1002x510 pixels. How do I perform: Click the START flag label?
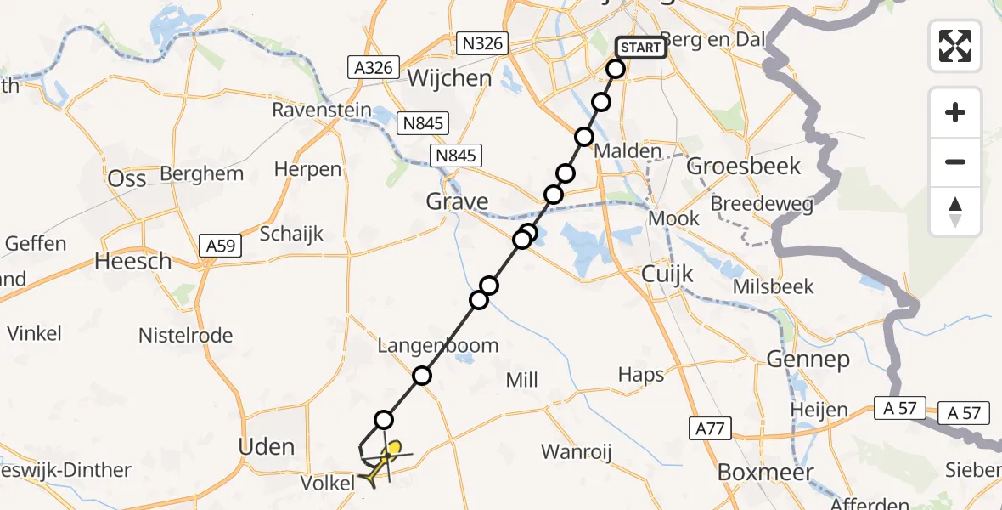coord(640,48)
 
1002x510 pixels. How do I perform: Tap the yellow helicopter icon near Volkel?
coord(381,462)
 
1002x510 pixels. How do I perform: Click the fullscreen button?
coord(955,46)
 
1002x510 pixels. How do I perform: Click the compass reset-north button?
coord(955,212)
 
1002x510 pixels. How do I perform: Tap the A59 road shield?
coord(223,246)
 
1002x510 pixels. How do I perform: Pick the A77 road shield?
coord(709,428)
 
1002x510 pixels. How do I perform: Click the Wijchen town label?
coord(450,78)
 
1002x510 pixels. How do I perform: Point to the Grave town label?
coord(457,201)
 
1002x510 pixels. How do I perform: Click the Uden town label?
coord(267,447)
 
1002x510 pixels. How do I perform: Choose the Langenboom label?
coord(438,346)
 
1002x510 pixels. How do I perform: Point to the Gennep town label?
coord(808,360)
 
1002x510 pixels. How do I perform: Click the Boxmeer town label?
coord(766,472)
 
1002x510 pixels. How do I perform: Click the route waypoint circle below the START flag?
coord(616,69)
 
